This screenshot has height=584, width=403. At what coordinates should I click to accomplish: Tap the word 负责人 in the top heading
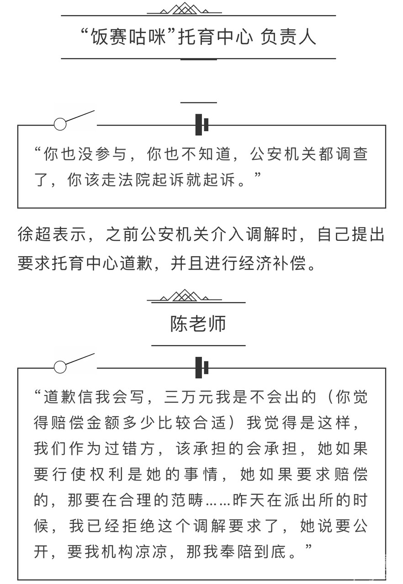(x=288, y=37)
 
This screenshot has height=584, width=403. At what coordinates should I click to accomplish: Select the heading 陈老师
(x=198, y=324)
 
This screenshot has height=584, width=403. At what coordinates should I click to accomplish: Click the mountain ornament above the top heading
(x=185, y=8)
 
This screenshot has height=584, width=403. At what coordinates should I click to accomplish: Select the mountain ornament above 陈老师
(x=185, y=296)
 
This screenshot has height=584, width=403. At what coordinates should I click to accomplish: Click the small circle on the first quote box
(x=60, y=124)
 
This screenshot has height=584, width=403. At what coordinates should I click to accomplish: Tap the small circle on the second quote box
(x=60, y=367)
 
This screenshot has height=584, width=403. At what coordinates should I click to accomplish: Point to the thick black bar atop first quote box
(x=199, y=124)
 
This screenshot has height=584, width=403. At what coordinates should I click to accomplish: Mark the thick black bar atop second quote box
(x=199, y=367)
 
